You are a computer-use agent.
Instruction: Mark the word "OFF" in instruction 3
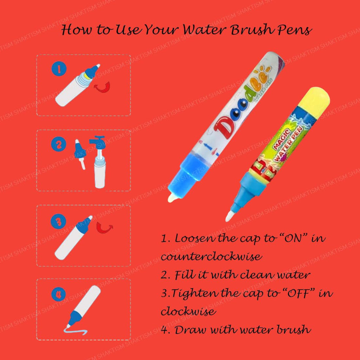[295, 293]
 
